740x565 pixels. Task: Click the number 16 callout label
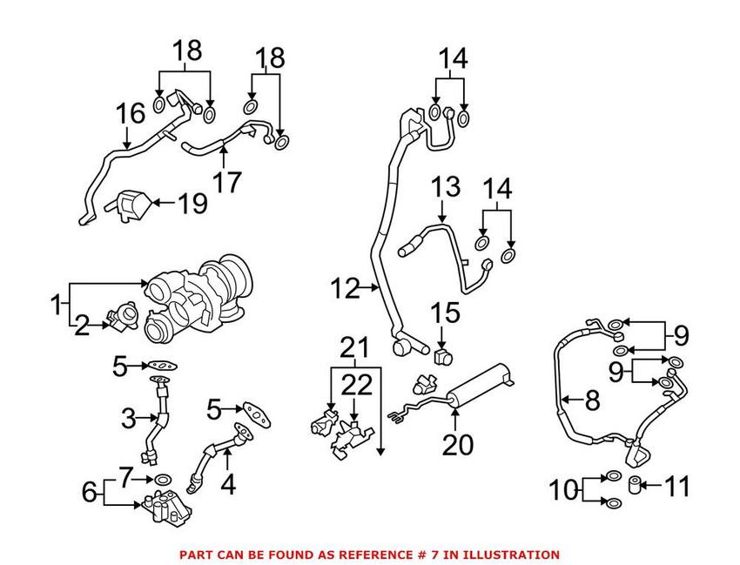[x=131, y=112]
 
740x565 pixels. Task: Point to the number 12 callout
[x=346, y=288]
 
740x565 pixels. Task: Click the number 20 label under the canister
[x=458, y=444]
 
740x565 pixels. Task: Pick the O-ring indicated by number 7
[x=162, y=479]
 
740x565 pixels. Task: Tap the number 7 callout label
[x=127, y=478]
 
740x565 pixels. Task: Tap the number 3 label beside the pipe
[x=127, y=420]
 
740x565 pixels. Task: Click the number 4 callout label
[x=228, y=483]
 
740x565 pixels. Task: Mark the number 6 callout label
[x=90, y=492]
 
